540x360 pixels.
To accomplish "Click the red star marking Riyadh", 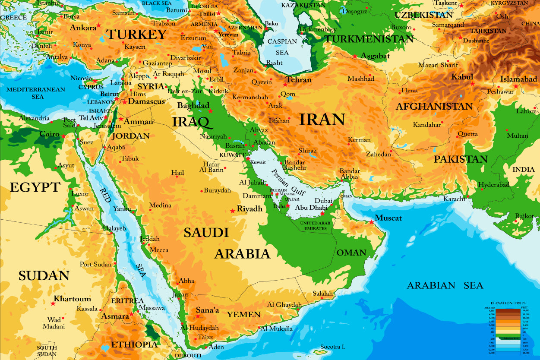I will pyautogui.click(x=233, y=211).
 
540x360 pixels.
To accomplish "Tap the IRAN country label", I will pyautogui.click(x=322, y=120).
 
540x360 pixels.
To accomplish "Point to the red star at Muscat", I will pyautogui.click(x=371, y=222).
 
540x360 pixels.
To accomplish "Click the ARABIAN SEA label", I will pyautogui.click(x=445, y=285).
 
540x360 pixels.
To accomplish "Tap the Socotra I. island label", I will pyautogui.click(x=332, y=347).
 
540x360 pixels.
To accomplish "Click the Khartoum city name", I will pyautogui.click(x=73, y=299).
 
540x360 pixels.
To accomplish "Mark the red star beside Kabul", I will pyautogui.click(x=472, y=84).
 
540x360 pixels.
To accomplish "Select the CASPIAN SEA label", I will pyautogui.click(x=282, y=47).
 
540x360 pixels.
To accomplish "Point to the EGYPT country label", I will pyautogui.click(x=35, y=187).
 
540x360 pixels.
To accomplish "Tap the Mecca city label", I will pyautogui.click(x=159, y=250).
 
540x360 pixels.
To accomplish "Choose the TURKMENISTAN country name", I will pyautogui.click(x=369, y=39).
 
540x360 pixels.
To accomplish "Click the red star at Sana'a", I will pyautogui.click(x=198, y=316).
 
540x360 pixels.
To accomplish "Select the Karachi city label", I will pyautogui.click(x=454, y=199).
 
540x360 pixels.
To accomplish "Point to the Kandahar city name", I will pyautogui.click(x=427, y=125).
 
